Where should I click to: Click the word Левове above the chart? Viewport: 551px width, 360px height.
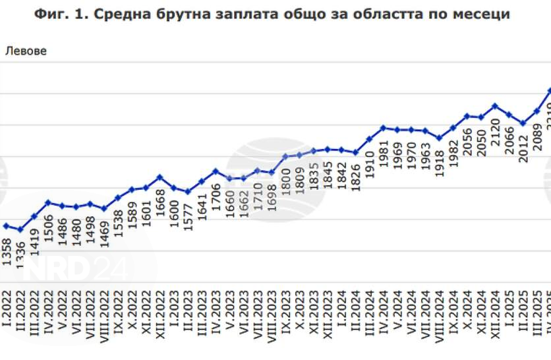click(26, 51)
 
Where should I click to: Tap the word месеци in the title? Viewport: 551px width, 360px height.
click(478, 14)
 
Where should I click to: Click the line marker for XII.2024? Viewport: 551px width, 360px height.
click(495, 105)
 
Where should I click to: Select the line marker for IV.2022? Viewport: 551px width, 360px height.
click(48, 202)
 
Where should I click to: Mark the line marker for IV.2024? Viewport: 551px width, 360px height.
click(383, 127)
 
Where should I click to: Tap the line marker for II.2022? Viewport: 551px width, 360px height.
click(20, 230)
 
